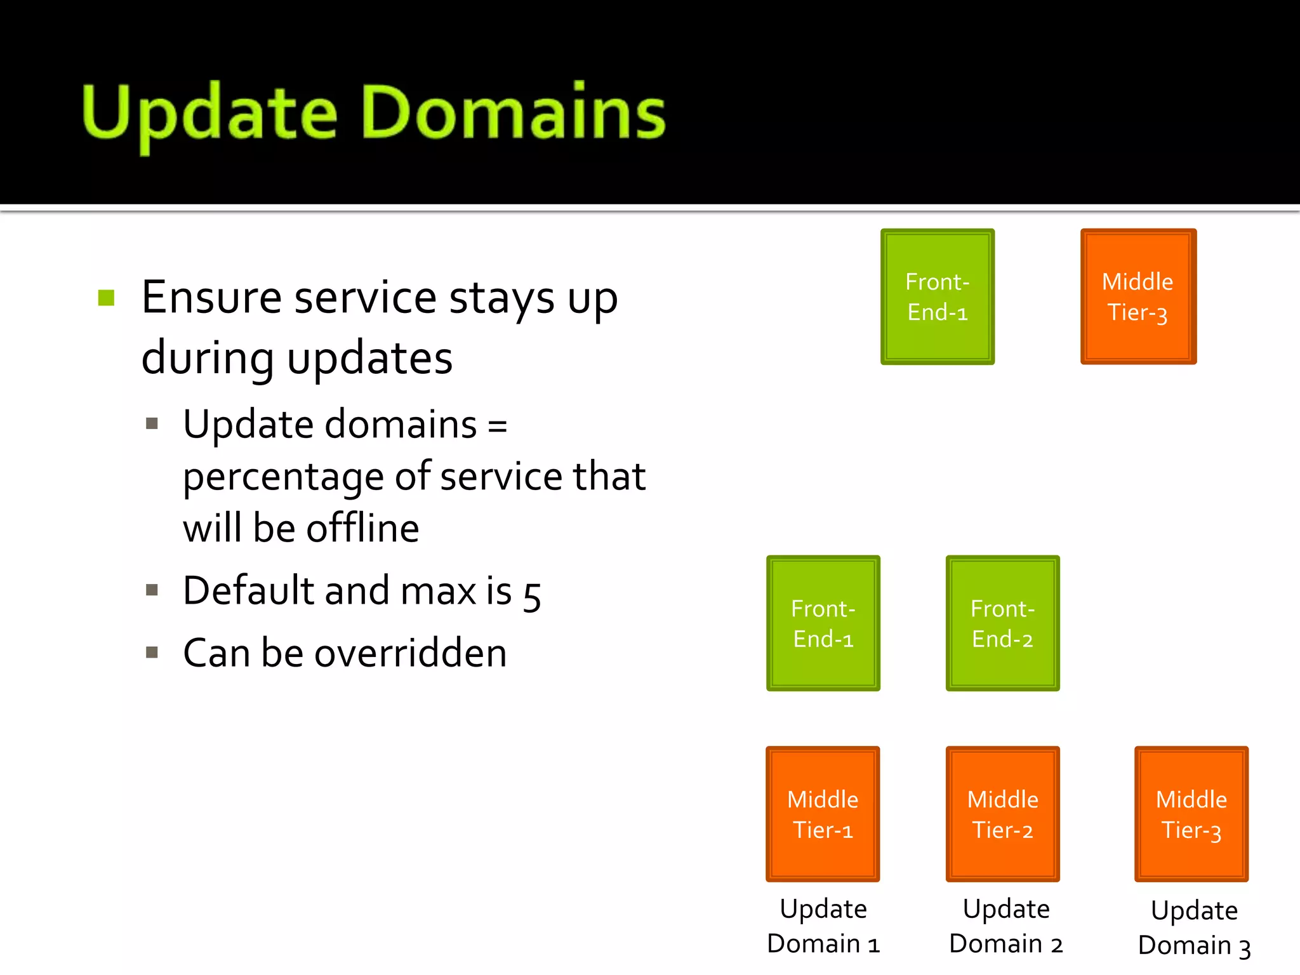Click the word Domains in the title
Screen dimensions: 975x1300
(514, 113)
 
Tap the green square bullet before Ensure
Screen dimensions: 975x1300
(107, 298)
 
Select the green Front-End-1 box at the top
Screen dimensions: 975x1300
(938, 296)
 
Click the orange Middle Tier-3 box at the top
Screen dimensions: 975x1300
(1138, 296)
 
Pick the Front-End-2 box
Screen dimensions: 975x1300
(1002, 623)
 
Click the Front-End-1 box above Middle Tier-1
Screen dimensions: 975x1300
(823, 623)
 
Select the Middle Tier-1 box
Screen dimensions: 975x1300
(823, 814)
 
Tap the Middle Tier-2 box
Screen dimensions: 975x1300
(1002, 814)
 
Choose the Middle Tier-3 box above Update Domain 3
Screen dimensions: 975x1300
(1191, 814)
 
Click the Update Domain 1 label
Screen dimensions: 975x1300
(823, 926)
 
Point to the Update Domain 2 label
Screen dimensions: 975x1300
(1005, 926)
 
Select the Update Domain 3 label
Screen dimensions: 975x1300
(1194, 928)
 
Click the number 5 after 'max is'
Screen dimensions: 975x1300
(532, 595)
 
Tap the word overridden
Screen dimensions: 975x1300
(411, 653)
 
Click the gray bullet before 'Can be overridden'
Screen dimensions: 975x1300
(152, 652)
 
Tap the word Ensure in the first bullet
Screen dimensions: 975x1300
(211, 297)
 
